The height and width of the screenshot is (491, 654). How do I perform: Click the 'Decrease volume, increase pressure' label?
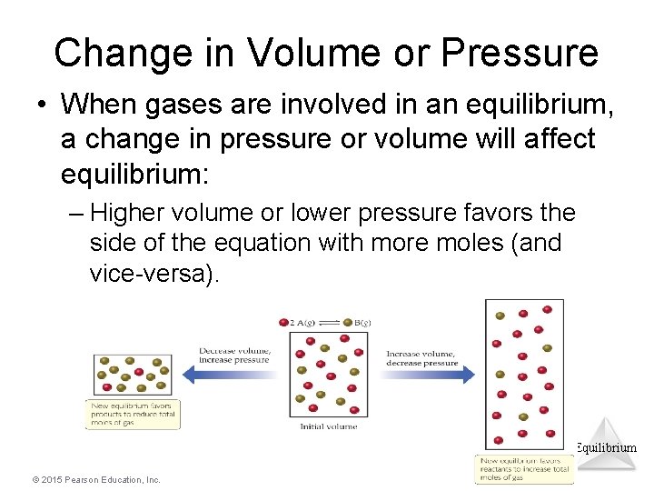[234, 355]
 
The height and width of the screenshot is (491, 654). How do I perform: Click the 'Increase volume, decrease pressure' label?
[421, 357]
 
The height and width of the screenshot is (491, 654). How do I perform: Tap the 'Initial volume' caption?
[328, 426]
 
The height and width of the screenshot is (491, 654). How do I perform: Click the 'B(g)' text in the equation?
[361, 323]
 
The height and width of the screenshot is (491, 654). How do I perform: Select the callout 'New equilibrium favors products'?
[133, 414]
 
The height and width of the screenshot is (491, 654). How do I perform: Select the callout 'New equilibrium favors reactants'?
[525, 468]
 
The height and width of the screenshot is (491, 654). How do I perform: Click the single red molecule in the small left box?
[138, 372]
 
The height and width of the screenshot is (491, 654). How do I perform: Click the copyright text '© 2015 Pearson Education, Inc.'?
[95, 479]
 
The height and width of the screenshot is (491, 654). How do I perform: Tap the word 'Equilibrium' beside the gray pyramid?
[606, 447]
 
